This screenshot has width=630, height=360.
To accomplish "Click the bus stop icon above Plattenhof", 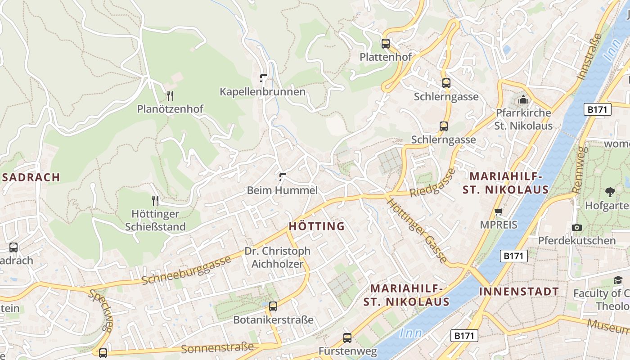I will click(386, 44).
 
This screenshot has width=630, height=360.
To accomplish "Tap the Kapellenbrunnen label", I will click(262, 92).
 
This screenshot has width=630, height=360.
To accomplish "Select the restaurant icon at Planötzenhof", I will click(170, 95).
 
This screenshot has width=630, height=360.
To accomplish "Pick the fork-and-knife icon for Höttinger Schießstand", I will click(155, 200).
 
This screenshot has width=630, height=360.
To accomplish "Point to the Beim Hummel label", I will click(282, 190).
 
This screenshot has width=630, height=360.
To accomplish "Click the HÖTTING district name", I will click(317, 226).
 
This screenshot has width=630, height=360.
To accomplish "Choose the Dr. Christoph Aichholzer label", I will click(277, 257).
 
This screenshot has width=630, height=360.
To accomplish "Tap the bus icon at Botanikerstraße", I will click(273, 306).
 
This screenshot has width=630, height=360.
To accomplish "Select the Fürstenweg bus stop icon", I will click(347, 337).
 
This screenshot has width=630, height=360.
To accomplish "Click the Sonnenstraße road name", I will click(217, 348).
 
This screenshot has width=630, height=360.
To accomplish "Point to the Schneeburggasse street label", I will click(186, 270).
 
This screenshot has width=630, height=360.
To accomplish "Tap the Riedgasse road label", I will click(432, 182).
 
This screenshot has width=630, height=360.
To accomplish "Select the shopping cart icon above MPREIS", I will click(498, 211).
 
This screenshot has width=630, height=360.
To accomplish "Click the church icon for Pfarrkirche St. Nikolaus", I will click(523, 99).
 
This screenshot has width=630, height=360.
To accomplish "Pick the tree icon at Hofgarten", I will click(610, 192).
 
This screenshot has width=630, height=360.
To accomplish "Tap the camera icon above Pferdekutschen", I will click(577, 227).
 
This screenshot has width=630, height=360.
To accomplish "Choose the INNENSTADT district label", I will click(519, 291).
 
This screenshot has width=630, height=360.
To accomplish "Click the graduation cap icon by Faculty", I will click(618, 280).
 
